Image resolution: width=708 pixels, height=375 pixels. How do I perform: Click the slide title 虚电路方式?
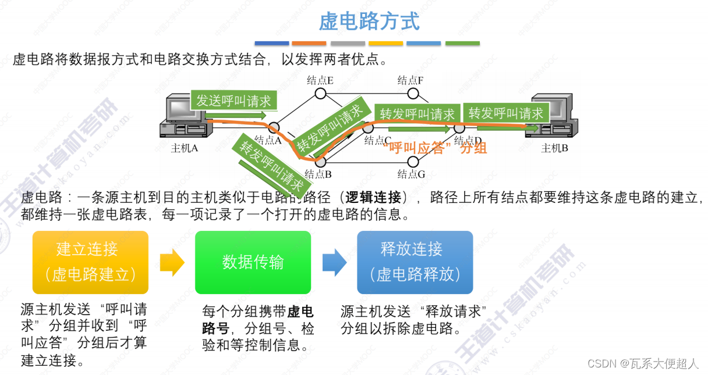pyautogui.click(x=369, y=22)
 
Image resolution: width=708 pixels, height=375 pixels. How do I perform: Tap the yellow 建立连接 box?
pyautogui.click(x=90, y=262)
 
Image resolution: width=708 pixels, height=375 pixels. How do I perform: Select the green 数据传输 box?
pyautogui.click(x=253, y=262)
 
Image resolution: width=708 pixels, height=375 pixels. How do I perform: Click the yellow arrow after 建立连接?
pyautogui.click(x=171, y=263)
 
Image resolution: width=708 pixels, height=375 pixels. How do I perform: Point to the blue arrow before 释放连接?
pyautogui.click(x=334, y=263)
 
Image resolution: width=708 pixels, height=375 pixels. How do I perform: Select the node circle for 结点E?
pyautogui.click(x=320, y=94)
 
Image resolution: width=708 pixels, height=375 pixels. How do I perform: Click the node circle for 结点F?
pyautogui.click(x=413, y=94)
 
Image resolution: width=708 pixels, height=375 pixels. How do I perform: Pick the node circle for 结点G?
pyautogui.click(x=413, y=162)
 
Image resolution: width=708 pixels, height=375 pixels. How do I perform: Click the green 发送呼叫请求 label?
pyautogui.click(x=233, y=101)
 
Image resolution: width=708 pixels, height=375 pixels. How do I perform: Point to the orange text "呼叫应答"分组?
pyautogui.click(x=434, y=148)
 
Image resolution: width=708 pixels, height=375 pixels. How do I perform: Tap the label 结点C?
pyautogui.click(x=378, y=140)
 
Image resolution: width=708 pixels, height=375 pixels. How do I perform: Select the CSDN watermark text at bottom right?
pyautogui.click(x=643, y=363)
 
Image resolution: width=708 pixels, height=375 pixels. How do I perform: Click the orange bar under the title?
pyautogui.click(x=309, y=43)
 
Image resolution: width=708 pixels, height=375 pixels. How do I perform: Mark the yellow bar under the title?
pyautogui.click(x=385, y=43)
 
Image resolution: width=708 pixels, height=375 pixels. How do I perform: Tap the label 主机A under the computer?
pyautogui.click(x=185, y=148)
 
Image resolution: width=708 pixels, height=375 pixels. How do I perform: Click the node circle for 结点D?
pyautogui.click(x=459, y=128)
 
